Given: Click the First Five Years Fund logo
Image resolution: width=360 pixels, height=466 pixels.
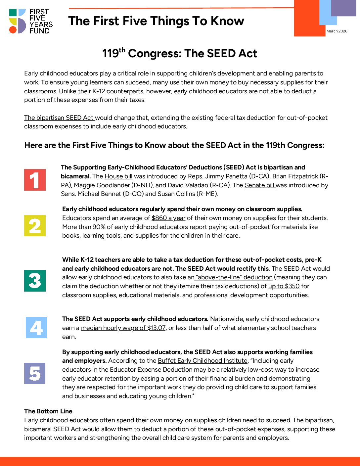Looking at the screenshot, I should click(31, 21).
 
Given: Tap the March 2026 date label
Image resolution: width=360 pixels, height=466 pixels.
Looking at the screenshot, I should click(337, 31).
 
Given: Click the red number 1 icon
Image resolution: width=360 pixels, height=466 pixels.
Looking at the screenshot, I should click(35, 180).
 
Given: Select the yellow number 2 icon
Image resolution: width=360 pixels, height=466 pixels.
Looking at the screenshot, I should click(35, 226).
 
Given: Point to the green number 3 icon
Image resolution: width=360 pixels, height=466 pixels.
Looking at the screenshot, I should click(35, 281).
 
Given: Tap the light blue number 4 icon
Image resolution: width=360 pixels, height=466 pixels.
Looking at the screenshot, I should click(36, 328).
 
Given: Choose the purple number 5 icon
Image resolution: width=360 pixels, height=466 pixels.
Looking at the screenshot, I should click(35, 373).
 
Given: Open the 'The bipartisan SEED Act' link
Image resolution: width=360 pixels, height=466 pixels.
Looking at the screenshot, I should click(59, 117).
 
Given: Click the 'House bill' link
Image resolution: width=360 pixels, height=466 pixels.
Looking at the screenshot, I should click(118, 176).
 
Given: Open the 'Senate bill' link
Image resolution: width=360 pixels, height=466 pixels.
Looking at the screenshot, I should click(260, 185).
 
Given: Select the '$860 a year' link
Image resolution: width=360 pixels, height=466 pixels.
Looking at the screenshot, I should click(168, 218).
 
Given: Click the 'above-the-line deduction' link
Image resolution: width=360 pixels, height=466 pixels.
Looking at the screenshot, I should click(234, 277).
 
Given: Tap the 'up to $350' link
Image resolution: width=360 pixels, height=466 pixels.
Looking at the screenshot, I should click(284, 286).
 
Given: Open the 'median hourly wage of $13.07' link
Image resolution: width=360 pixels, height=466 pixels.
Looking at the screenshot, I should click(124, 328).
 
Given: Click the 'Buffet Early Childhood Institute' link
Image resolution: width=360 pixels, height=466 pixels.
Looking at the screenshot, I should click(202, 360).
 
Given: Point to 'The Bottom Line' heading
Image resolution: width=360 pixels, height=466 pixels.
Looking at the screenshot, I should click(48, 411).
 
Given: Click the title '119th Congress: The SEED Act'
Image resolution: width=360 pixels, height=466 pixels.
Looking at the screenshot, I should click(180, 53).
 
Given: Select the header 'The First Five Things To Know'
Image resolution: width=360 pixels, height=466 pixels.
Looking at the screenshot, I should click(156, 21).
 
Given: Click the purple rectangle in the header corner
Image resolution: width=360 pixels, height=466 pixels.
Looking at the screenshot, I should click(343, 8).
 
